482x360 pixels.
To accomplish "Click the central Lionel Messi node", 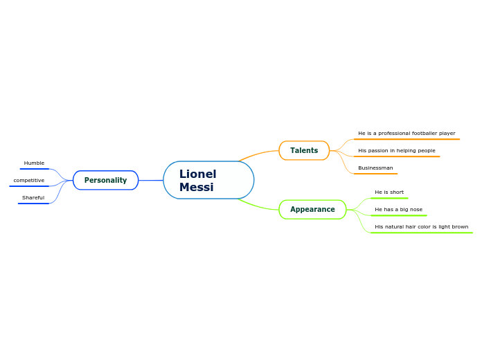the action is [x=208, y=180].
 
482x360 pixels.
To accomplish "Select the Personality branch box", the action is [x=106, y=180].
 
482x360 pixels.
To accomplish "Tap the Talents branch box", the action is [x=304, y=150].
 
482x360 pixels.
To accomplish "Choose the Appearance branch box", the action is [x=312, y=209].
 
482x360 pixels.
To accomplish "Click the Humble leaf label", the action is [x=34, y=163].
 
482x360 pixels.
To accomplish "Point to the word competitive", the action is [x=29, y=181].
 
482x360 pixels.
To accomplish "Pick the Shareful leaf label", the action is [x=33, y=198].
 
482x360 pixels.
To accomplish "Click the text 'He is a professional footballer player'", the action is [x=407, y=134].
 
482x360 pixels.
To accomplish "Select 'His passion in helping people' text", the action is [x=397, y=151].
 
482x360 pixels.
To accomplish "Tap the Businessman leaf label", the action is [x=375, y=168].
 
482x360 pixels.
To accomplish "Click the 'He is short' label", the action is [x=389, y=192].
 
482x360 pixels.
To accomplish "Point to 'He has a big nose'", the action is [x=398, y=209].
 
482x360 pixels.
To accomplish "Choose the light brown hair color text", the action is [x=422, y=226].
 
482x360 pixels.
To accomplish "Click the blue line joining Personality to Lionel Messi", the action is [x=151, y=180].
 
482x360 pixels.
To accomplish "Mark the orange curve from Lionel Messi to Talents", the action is [x=258, y=154].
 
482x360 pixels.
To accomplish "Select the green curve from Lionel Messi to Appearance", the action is [x=258, y=206].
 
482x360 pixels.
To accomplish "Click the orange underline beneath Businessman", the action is [x=375, y=174].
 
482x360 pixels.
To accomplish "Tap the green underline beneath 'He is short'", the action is [x=389, y=198].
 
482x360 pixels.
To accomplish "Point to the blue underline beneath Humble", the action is [x=35, y=169].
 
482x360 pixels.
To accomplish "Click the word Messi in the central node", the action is [x=197, y=187].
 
